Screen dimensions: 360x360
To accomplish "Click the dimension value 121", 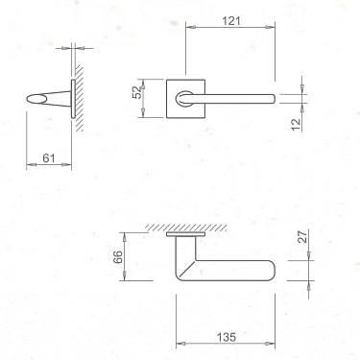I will (229, 18).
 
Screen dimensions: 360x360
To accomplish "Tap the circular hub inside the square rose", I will (183, 97).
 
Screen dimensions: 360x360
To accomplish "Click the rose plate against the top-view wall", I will (185, 233).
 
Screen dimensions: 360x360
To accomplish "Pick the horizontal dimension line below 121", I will (229, 27).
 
